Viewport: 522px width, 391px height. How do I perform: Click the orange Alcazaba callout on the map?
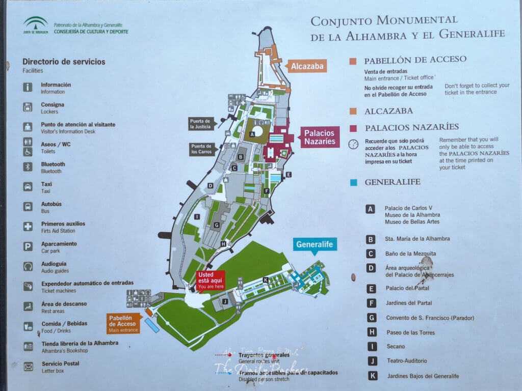click(307, 66)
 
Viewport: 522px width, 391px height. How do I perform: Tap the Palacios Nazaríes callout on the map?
click(320, 137)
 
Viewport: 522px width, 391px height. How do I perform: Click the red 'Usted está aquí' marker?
click(210, 280)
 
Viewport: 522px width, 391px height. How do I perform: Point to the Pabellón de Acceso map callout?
click(122, 323)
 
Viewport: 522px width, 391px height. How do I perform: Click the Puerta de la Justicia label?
click(200, 124)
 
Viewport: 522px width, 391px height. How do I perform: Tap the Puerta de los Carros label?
click(201, 149)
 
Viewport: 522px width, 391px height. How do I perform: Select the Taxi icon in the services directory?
click(28, 187)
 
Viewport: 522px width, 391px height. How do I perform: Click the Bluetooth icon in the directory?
click(28, 167)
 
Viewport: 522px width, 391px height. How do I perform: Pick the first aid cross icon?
click(28, 227)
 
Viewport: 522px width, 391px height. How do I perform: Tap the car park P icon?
click(28, 246)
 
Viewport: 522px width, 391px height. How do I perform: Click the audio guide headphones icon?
click(28, 266)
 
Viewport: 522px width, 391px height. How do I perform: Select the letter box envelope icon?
click(28, 366)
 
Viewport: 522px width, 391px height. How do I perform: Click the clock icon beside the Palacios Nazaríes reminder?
click(353, 144)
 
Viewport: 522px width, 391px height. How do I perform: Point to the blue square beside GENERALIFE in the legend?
click(353, 182)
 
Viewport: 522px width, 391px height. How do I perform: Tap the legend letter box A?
click(371, 209)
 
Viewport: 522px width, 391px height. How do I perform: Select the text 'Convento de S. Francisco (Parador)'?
click(430, 318)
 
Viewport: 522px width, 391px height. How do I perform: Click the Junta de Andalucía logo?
click(36, 25)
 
